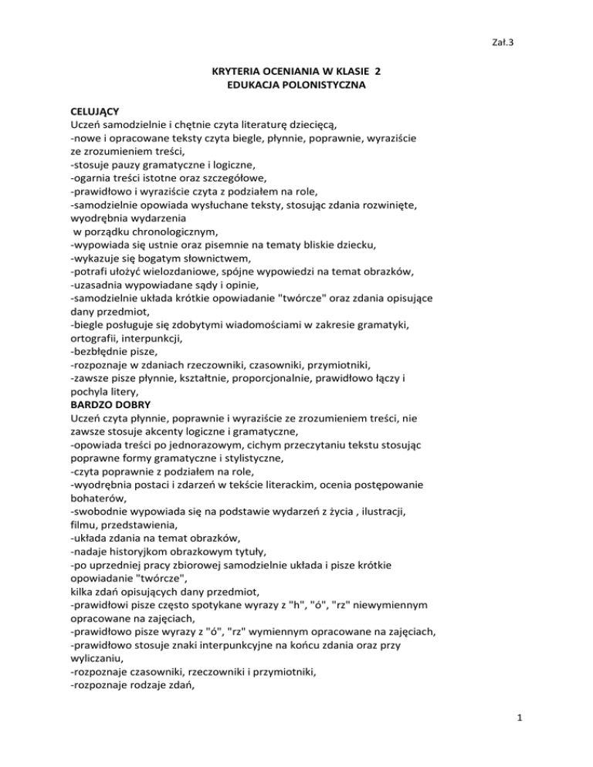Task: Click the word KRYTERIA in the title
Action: (x=236, y=71)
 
